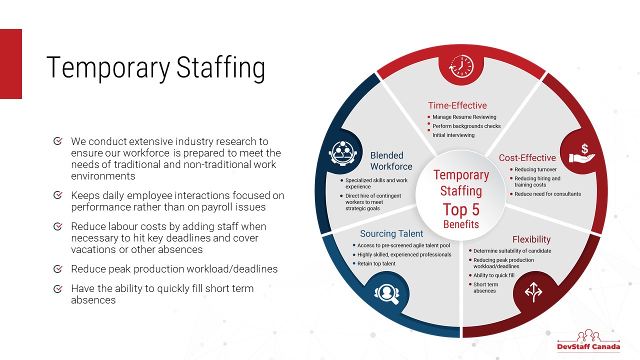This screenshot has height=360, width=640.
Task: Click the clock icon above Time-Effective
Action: (461, 66)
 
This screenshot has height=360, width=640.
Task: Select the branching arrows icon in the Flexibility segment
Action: (533, 292)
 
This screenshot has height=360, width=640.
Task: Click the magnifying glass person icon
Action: (387, 293)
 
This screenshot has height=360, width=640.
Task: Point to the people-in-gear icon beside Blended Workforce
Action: (343, 153)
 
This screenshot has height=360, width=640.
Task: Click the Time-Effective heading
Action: (457, 105)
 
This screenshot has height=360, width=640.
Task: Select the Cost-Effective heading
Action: (527, 157)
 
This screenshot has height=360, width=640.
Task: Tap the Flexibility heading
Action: (531, 239)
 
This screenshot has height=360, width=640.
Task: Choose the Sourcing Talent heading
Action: (391, 233)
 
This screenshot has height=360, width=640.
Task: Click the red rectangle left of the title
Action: (11, 64)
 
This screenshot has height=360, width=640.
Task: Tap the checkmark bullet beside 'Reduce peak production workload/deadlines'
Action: (58, 269)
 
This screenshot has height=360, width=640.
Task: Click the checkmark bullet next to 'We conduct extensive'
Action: (58, 141)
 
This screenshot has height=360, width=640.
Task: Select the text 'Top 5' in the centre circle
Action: (461, 209)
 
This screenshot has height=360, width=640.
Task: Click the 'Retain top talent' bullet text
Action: (376, 263)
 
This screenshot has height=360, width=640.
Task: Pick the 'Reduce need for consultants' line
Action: (547, 194)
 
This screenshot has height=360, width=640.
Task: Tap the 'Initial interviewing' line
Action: (453, 135)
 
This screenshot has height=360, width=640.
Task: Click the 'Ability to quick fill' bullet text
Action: (493, 275)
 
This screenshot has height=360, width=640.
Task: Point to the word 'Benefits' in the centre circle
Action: (461, 224)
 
